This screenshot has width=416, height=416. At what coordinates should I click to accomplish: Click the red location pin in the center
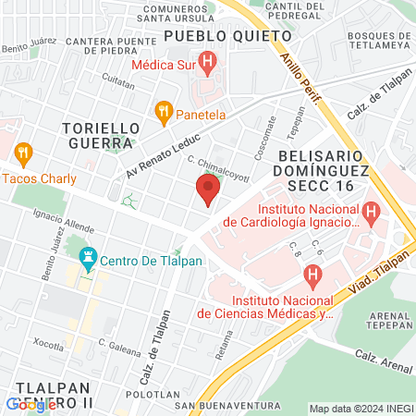(207, 191)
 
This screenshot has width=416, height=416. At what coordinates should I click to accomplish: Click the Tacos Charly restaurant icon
(24, 153)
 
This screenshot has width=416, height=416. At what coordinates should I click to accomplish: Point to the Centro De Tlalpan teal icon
(89, 258)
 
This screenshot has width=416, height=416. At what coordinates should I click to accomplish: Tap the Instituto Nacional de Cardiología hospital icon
(371, 214)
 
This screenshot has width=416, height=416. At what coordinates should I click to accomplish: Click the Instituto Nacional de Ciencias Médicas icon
(313, 275)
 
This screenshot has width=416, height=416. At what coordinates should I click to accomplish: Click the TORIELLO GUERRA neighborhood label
(104, 134)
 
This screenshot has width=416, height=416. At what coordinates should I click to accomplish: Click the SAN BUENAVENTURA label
(226, 405)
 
